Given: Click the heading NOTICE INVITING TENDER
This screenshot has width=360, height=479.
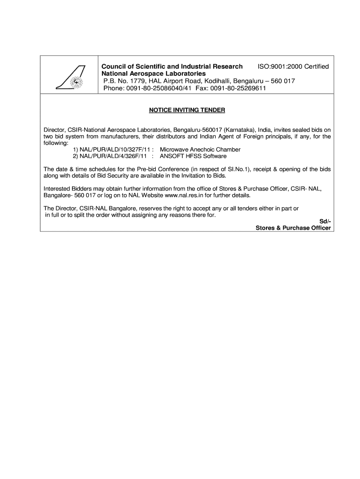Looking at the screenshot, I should click(187, 110).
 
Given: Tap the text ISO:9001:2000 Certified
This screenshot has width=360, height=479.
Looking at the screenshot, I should click(294, 67).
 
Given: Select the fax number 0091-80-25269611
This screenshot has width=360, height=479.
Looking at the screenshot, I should click(238, 88).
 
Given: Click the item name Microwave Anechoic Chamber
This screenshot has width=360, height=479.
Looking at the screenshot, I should click(200, 150).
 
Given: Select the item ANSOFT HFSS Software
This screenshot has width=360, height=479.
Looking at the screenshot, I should click(193, 156).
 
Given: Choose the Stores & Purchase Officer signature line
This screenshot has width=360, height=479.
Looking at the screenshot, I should click(293, 228).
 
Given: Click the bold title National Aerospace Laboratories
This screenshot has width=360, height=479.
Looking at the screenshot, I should click(154, 74).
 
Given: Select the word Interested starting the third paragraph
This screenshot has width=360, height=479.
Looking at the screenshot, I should click(56, 189).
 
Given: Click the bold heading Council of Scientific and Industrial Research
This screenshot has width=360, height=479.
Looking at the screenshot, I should click(173, 67).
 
